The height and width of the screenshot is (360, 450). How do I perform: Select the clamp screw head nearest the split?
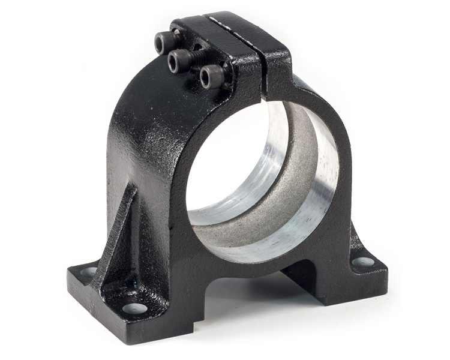[x=209, y=77]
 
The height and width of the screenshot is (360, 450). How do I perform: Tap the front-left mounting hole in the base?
[x=134, y=308]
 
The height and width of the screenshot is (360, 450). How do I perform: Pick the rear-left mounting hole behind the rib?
[x=89, y=271]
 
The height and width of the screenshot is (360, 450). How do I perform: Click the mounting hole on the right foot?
[x=362, y=262]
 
